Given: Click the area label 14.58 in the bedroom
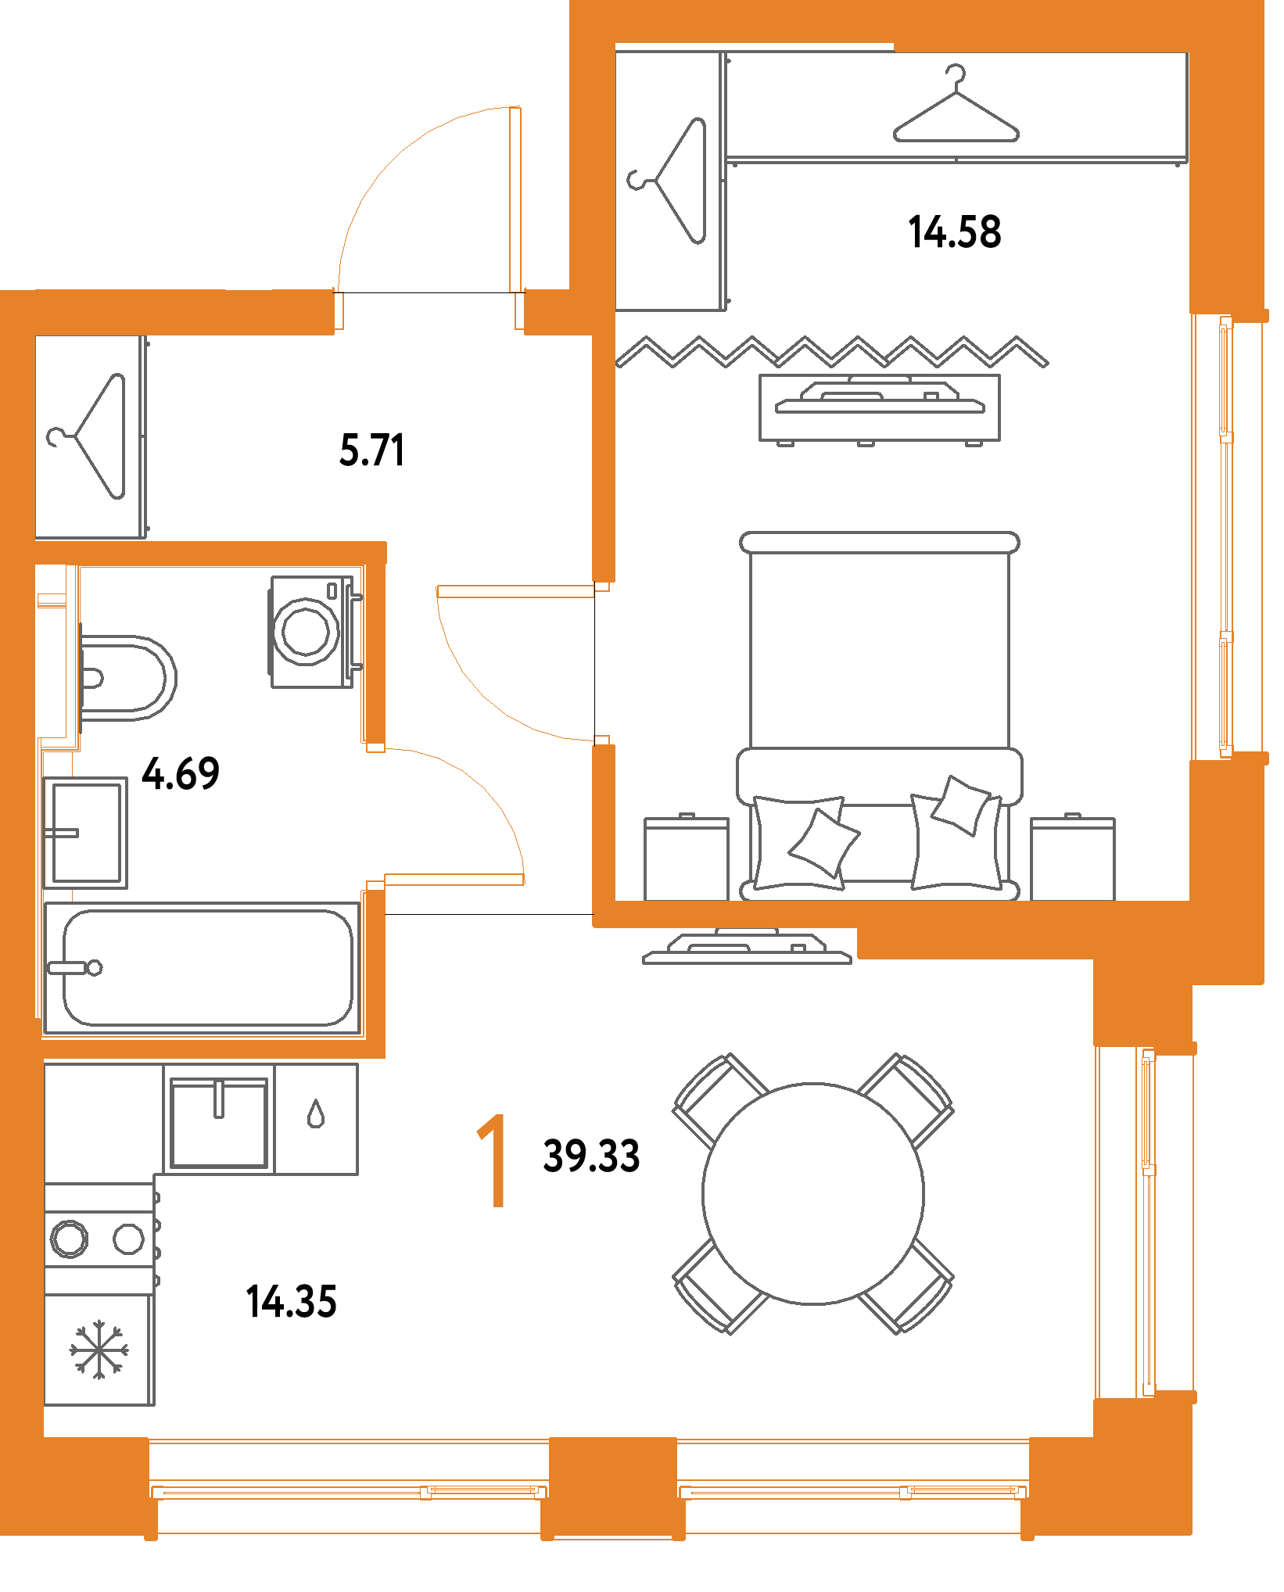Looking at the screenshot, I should pos(954,231).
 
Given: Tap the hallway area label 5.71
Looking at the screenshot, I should pos(372,450).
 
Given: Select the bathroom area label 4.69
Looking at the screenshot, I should pos(181,773).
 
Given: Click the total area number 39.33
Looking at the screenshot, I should pos(591,1156).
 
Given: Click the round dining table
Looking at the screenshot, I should pos(813,1193).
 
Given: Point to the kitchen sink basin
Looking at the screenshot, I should pos(219,1122).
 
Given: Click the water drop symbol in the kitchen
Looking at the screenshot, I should pos(316,1113).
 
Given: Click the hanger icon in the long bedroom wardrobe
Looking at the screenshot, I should pos(956,109).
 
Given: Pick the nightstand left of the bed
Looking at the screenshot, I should pos(687,859).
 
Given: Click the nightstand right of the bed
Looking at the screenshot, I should pos(1073,859).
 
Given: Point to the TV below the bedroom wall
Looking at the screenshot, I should pos(747,948).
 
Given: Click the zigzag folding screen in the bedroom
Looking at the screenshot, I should pos(832,352).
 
